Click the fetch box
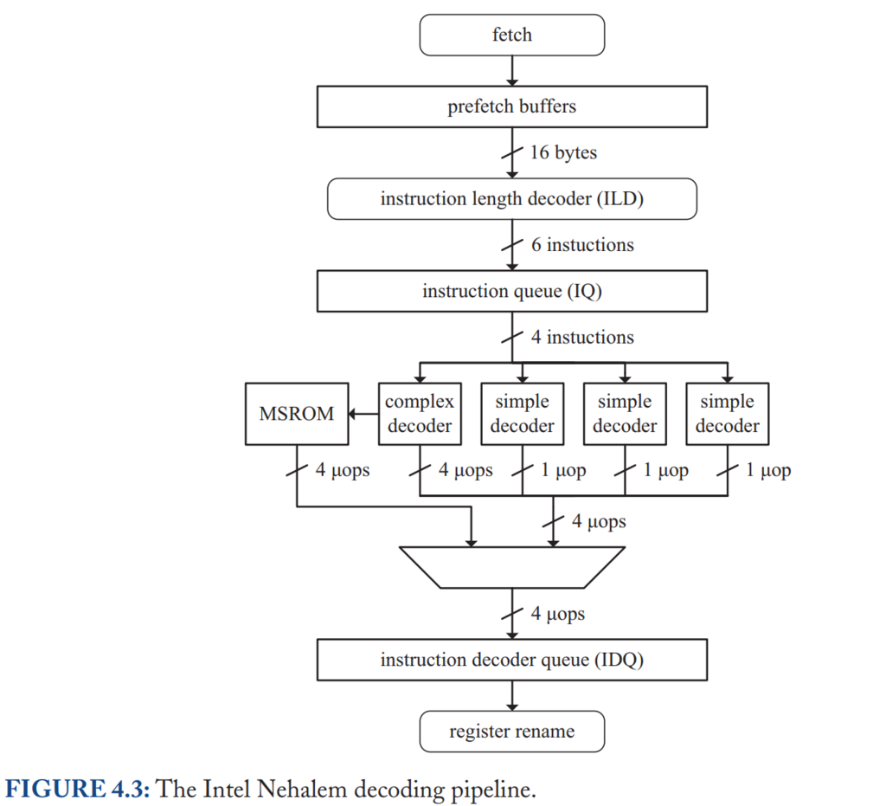tap(512, 35)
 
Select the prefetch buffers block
tap(512, 106)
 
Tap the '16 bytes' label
tap(563, 152)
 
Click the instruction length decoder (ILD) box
tap(512, 199)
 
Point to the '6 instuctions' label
tap(582, 245)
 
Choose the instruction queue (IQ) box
tap(512, 291)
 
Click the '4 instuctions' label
tap(582, 337)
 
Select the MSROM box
tap(297, 414)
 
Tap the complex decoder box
tap(420, 414)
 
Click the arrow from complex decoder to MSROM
tap(363, 415)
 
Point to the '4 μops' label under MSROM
tap(343, 470)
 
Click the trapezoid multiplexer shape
tap(512, 567)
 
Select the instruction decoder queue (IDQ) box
tap(512, 661)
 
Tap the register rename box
tap(512, 732)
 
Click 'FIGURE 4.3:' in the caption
tap(78, 789)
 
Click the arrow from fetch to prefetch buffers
tap(512, 71)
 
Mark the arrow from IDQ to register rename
tap(512, 696)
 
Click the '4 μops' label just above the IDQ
tap(558, 614)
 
